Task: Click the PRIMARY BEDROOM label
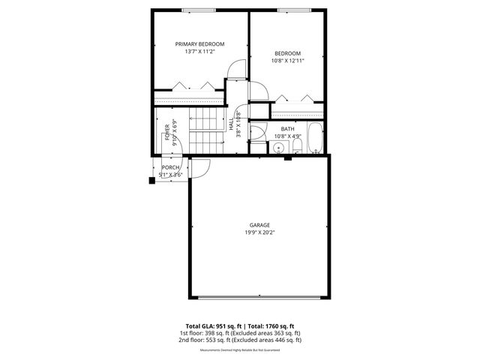click(200, 44)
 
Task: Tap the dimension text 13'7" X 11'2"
click(200, 52)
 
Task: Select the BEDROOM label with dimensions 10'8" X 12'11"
click(287, 53)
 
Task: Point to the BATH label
click(287, 129)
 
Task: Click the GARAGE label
click(260, 225)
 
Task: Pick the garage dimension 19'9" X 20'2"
click(260, 232)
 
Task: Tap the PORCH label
click(171, 167)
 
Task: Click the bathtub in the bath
click(316, 138)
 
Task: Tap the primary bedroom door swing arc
click(235, 70)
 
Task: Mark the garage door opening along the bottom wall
click(259, 295)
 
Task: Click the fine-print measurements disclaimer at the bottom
click(240, 349)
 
